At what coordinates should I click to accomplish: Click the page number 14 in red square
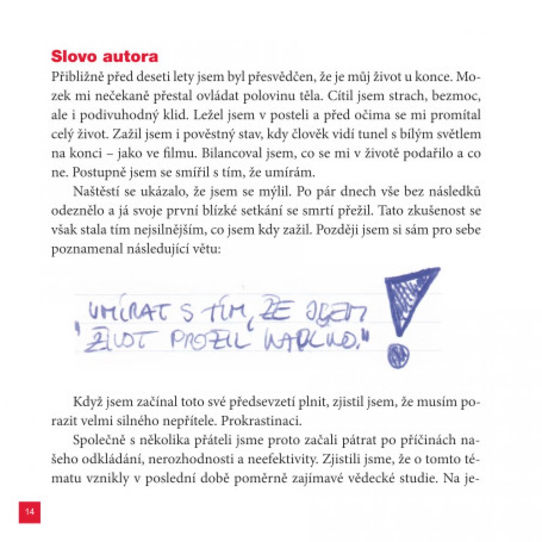click(x=29, y=512)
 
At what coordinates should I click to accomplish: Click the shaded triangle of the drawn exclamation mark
click(x=409, y=295)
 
